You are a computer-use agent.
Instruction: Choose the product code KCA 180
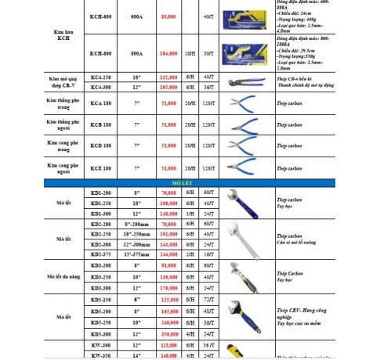[100, 103]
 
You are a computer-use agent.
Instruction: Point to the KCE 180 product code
[100, 167]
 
